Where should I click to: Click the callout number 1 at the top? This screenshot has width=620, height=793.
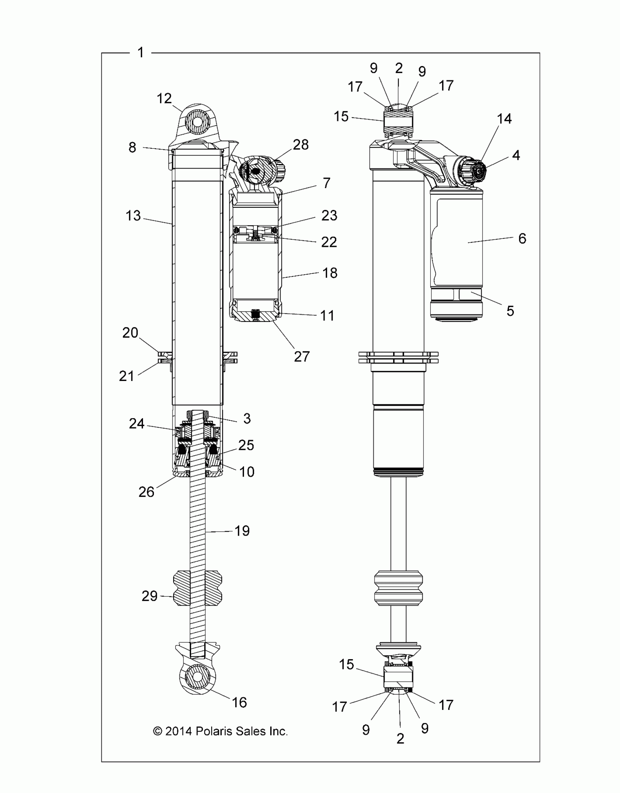coord(141,53)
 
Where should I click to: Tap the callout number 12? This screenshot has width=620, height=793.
coord(164,98)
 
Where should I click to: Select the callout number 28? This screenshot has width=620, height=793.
coord(301,145)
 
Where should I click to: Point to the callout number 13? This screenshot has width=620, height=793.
coord(133,215)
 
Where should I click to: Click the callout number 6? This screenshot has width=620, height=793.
coord(522,238)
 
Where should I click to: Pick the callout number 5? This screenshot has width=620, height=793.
coord(510,311)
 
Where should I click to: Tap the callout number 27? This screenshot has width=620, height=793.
coord(302,356)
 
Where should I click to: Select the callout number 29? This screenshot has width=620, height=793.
coord(150,596)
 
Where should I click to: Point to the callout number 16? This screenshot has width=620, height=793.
coord(240,702)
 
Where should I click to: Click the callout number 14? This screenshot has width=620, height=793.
coord(504,118)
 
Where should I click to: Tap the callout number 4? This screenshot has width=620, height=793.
coord(516,155)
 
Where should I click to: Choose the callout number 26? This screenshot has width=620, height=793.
coord(146,492)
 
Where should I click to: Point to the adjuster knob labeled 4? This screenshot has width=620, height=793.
coord(478,170)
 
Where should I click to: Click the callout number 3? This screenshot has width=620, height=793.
coord(247,419)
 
